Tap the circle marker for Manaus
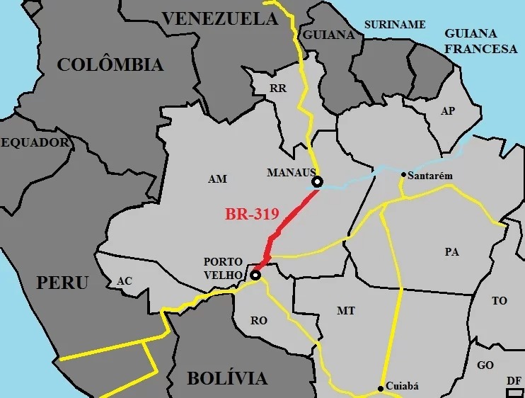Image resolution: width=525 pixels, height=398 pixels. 317,182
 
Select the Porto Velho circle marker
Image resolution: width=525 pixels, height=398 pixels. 255,275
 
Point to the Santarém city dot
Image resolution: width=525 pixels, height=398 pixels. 403,174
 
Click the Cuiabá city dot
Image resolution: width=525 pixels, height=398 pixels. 381,387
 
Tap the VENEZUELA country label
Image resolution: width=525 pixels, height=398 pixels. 220,19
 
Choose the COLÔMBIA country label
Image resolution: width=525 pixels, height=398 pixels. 110,65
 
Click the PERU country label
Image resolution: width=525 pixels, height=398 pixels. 62,283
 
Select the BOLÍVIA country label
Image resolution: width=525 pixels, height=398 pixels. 227,378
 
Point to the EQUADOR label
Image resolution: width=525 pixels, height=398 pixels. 35,143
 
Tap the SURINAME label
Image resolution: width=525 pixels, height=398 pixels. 395,25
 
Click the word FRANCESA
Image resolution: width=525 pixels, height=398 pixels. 481,49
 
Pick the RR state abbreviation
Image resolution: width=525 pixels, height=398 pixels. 277,89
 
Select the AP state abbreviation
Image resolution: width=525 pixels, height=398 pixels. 447,111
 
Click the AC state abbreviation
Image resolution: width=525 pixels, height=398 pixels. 125,281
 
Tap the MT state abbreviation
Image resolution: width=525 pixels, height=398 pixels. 346,310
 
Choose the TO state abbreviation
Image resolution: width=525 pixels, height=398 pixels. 500,301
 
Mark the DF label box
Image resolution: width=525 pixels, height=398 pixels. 514,381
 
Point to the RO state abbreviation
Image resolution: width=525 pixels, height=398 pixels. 259,321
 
